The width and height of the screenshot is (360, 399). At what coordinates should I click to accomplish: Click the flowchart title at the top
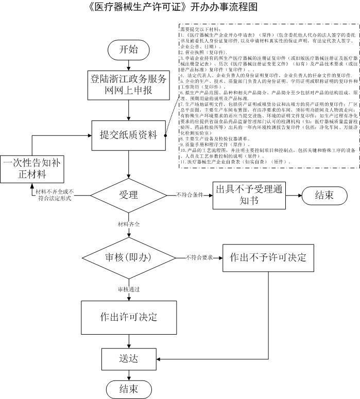pos(173,7)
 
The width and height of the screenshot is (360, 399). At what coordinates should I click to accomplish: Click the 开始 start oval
pos(128,50)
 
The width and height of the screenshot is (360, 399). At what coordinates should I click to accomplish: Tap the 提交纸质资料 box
pos(128,135)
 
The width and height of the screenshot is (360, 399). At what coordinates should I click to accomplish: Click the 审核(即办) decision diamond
pos(129,257)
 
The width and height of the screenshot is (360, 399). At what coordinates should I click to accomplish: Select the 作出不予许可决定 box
pos(268,257)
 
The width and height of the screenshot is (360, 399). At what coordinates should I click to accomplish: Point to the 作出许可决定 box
pos(128,316)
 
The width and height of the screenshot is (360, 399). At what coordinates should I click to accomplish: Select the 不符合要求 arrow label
pos(199,257)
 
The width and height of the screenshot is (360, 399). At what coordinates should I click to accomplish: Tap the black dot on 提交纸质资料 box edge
pos(165,136)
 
